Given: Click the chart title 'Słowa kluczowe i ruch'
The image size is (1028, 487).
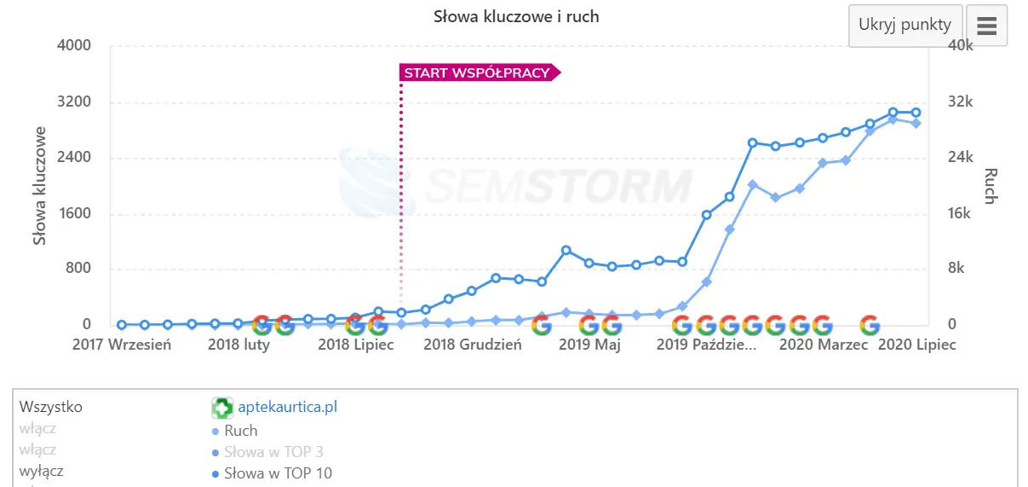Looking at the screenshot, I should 516,17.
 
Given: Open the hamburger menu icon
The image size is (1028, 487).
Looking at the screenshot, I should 986,26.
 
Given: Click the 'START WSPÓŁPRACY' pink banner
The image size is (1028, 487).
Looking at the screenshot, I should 478,72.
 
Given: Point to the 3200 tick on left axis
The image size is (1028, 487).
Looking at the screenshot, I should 73,102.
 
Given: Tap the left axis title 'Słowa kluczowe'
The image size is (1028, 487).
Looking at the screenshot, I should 40,186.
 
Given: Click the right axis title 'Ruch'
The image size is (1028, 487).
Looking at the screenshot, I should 990,186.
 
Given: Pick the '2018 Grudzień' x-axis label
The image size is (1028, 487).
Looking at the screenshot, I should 473,345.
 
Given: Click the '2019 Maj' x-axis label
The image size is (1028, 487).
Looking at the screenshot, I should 589,345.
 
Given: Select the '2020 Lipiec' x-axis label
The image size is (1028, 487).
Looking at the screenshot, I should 916,345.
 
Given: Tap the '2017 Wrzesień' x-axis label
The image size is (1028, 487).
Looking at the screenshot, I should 122,345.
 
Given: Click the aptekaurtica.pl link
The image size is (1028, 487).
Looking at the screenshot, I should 287,407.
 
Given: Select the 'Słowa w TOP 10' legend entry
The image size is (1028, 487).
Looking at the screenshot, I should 278,473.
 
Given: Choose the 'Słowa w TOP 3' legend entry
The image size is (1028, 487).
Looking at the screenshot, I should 273,452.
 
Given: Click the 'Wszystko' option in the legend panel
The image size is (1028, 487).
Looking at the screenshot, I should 50,407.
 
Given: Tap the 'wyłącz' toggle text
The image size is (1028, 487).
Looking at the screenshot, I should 41,471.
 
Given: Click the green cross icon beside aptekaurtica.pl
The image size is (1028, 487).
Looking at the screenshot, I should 222,408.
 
